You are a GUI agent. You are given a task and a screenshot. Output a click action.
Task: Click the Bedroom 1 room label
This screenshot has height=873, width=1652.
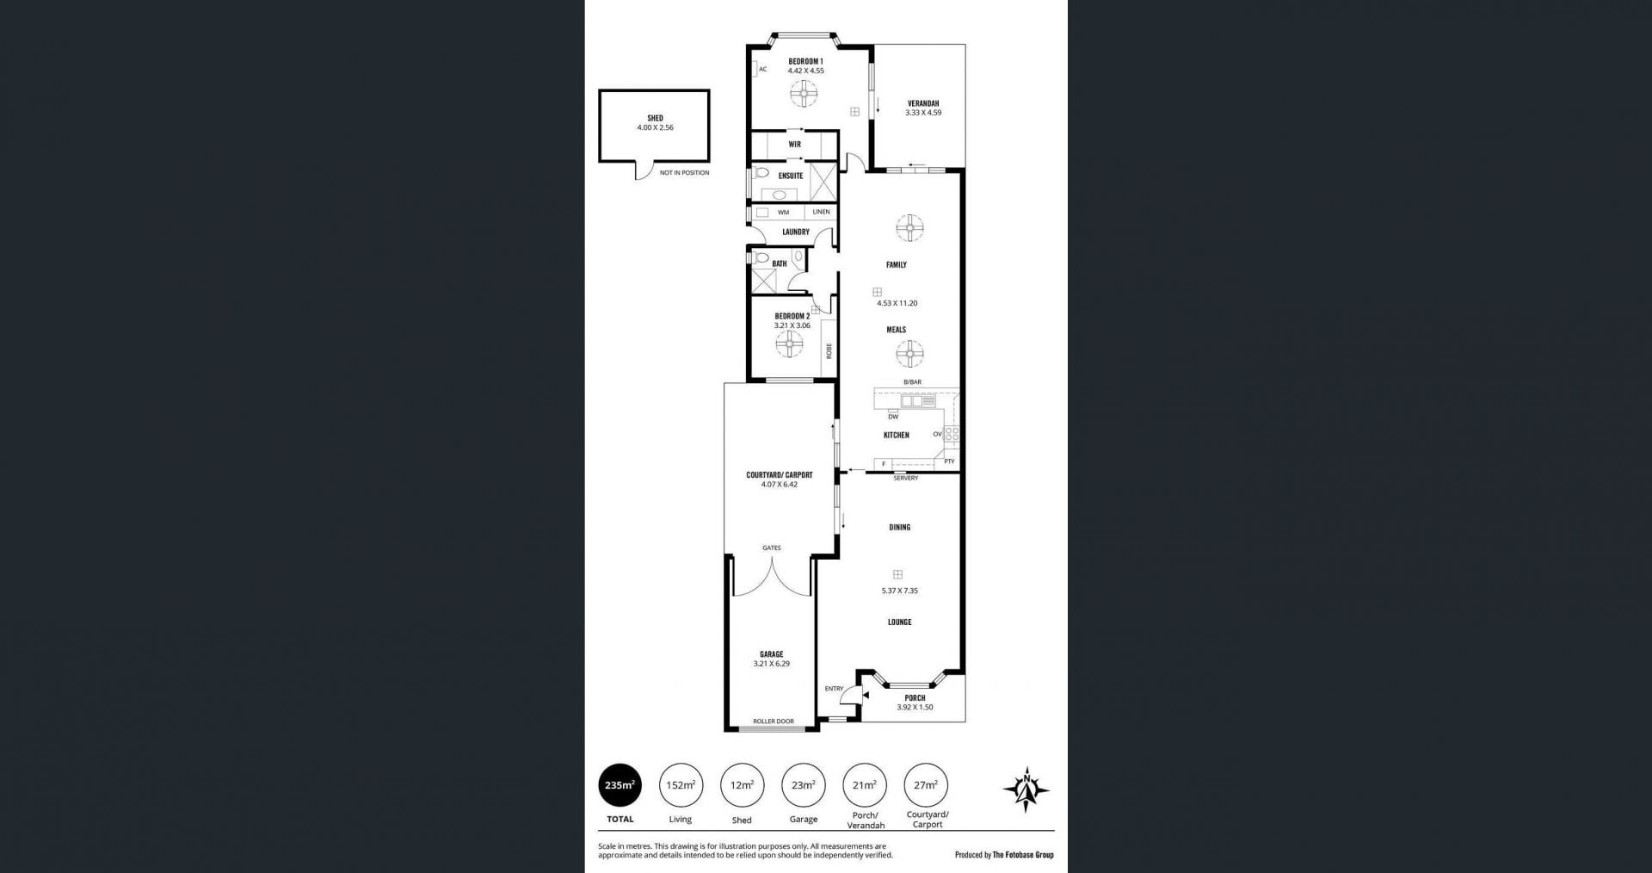(805, 61)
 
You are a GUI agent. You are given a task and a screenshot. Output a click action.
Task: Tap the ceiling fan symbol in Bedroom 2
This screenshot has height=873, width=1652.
(789, 344)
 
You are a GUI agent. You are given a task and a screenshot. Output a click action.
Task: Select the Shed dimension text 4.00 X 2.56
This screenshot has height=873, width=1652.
(655, 127)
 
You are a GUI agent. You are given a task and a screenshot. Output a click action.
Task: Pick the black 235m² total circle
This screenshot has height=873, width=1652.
(619, 785)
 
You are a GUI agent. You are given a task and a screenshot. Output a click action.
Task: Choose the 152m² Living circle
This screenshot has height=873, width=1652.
(681, 785)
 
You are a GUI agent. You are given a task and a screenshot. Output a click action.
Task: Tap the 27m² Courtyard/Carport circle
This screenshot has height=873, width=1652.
(926, 785)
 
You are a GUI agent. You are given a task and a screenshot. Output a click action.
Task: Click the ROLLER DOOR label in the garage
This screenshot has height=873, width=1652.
(774, 721)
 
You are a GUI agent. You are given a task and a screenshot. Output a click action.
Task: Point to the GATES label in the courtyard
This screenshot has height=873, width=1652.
(771, 548)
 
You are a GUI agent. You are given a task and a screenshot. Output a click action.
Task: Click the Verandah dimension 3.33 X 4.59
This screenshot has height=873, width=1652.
(923, 113)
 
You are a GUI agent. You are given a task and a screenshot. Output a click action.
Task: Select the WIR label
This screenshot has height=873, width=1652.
(794, 145)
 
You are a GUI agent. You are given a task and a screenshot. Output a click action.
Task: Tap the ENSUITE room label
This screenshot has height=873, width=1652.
(791, 176)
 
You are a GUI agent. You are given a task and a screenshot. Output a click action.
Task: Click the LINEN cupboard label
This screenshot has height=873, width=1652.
(822, 212)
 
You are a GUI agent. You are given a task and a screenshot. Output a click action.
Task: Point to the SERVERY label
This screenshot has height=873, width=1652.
(906, 478)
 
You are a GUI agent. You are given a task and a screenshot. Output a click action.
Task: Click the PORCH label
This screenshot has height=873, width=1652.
(915, 698)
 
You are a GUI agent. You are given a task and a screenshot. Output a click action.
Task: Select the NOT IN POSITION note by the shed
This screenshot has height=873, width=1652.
(685, 173)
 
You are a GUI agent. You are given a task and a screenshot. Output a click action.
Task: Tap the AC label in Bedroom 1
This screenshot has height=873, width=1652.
(762, 69)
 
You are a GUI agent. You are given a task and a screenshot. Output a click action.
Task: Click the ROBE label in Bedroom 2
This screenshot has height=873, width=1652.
(829, 350)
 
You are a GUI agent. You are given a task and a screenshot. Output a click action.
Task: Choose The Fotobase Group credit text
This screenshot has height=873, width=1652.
(1023, 855)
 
